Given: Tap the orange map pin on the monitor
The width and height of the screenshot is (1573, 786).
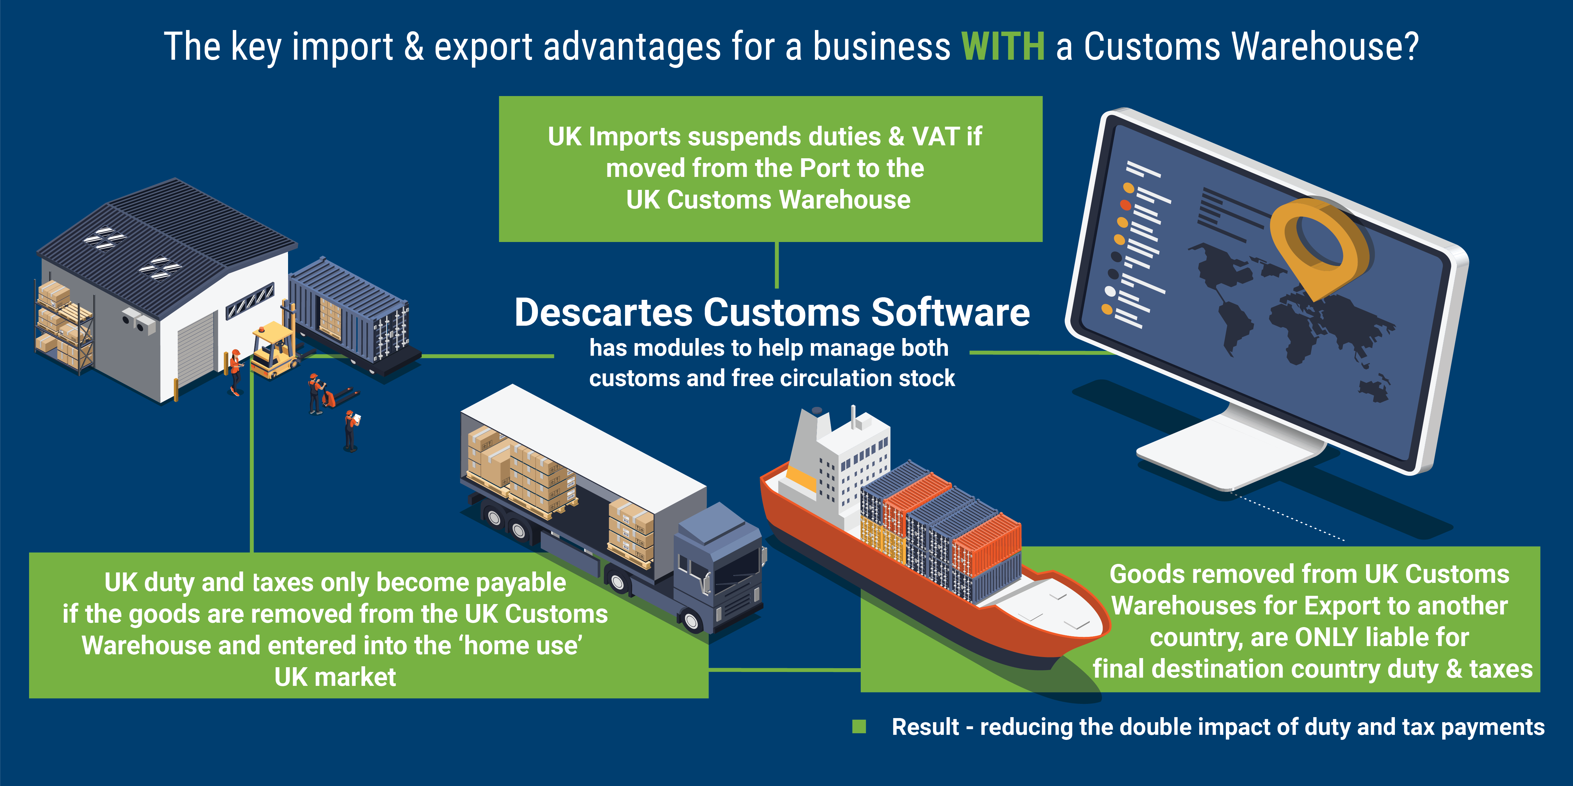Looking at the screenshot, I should [1319, 244].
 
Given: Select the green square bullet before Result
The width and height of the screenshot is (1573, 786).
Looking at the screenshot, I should [859, 726].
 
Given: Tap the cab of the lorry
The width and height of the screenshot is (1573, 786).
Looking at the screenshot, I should [720, 574].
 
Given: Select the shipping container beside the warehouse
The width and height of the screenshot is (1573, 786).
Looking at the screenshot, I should [348, 311].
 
